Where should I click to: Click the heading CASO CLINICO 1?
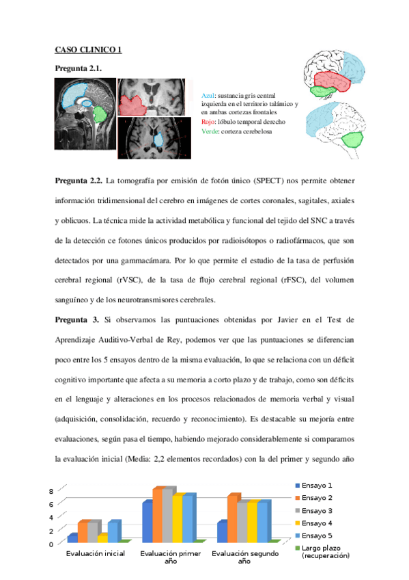88,50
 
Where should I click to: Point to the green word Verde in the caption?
210,131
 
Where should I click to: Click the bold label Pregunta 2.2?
78,181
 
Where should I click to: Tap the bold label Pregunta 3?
74,319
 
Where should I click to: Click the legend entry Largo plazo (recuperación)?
324,552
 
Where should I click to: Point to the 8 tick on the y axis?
50,492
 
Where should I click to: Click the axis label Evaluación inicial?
95,553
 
